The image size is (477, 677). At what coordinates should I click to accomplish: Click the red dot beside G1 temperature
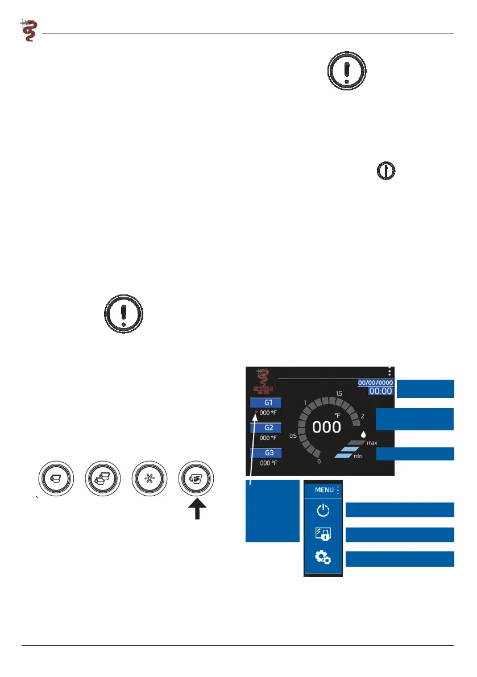[256, 412]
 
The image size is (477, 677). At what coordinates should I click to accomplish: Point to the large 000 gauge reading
[326, 427]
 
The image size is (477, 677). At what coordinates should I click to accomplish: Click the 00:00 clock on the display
[380, 391]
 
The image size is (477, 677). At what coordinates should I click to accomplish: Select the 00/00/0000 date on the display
[375, 383]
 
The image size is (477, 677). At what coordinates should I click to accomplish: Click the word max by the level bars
[372, 442]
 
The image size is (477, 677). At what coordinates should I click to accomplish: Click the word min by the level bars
[358, 456]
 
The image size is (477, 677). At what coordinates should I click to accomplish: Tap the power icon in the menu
[323, 510]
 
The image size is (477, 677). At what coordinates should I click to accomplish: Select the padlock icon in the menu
[323, 534]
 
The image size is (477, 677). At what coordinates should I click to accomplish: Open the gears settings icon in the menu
[323, 558]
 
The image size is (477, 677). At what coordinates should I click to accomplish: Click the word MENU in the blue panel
[324, 489]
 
